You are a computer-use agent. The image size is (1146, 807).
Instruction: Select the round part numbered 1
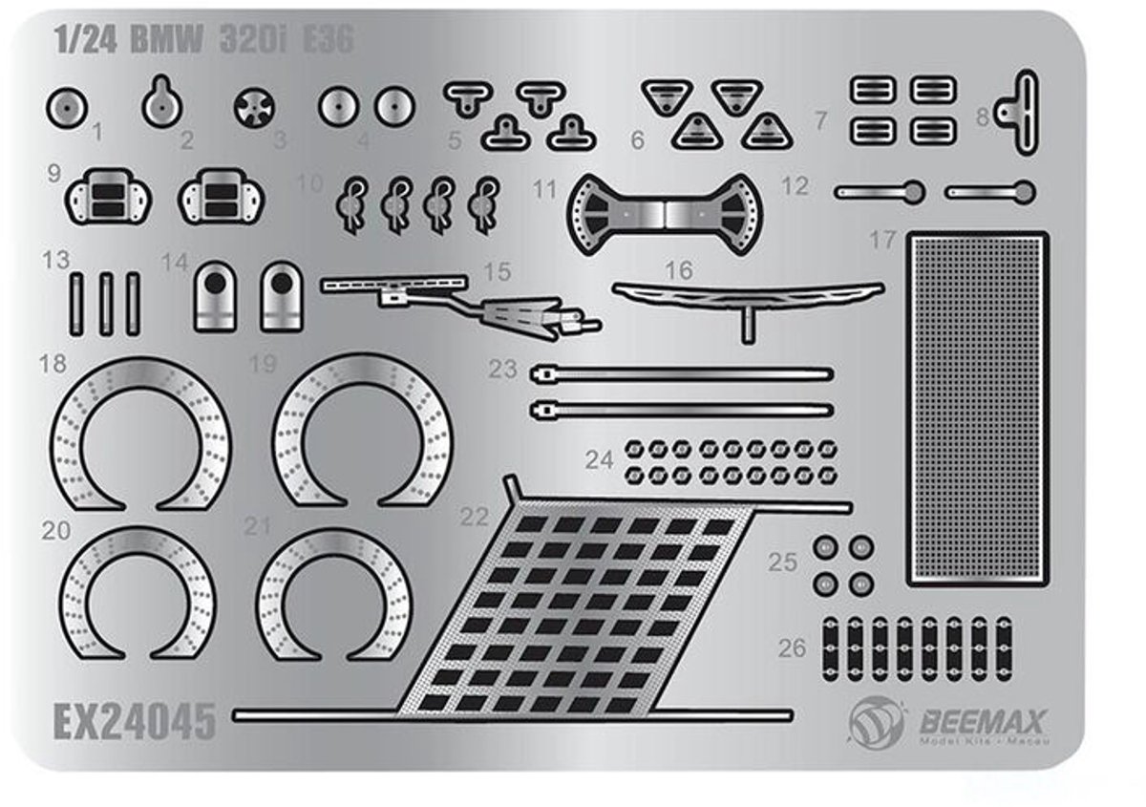click(x=66, y=111)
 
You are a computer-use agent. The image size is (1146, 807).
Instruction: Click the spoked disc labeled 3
click(x=254, y=109)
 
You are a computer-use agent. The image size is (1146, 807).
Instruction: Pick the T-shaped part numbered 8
click(x=1019, y=112)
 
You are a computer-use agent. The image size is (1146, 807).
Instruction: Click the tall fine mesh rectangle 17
click(x=979, y=411)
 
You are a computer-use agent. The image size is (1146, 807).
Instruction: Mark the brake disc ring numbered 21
click(x=334, y=594)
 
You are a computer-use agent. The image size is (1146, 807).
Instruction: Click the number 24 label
click(x=600, y=460)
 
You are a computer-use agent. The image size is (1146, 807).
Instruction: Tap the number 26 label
click(x=792, y=648)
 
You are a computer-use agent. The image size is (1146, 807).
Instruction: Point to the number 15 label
click(x=498, y=272)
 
